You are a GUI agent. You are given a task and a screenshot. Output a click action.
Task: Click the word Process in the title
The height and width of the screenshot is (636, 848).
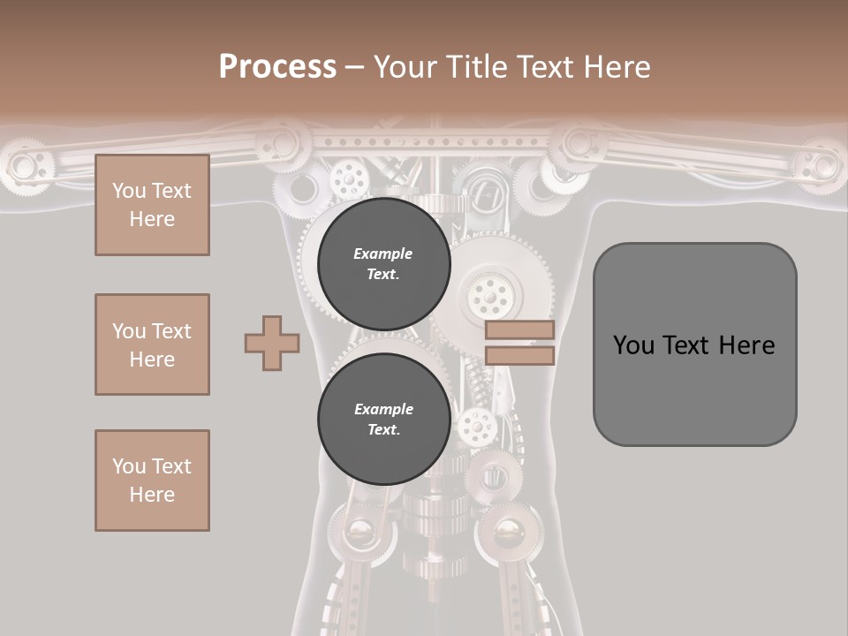[277, 67]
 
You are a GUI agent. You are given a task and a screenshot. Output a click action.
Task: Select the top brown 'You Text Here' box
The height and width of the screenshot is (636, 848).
[152, 205]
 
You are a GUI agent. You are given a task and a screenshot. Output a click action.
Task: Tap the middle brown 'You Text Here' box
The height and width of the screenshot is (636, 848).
[152, 344]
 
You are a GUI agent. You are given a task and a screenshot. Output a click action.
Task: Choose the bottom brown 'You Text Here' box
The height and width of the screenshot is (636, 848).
[152, 481]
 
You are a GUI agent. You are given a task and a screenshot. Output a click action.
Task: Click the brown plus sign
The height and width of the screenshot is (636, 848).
[272, 343]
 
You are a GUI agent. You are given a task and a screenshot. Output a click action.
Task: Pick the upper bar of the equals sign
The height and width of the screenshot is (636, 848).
[519, 329]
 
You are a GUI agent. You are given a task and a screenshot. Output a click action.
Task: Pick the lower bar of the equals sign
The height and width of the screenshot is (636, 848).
[519, 355]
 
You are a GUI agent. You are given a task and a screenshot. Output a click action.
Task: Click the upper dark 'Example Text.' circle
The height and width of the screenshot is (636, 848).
[383, 263]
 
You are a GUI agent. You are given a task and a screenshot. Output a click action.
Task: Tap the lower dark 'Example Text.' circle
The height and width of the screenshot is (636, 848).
[383, 419]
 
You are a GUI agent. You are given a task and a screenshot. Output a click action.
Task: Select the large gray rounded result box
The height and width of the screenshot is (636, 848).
[694, 344]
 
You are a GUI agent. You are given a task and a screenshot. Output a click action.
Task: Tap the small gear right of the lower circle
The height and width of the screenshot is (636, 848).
[476, 427]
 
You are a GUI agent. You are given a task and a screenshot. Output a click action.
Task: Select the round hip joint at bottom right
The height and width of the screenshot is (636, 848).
[508, 532]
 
